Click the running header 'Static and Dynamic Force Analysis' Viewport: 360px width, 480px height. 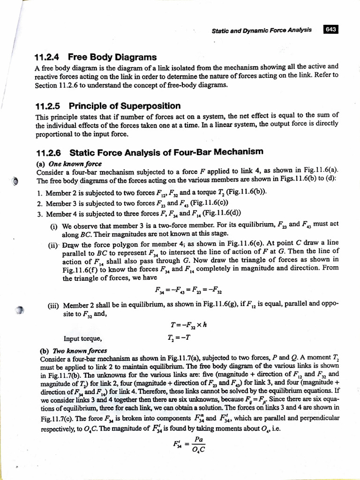[x=262, y=30]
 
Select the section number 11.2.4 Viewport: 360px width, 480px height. [x=49, y=57]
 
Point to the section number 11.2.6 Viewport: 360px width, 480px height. [x=49, y=152]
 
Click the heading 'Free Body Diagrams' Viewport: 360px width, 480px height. [x=112, y=57]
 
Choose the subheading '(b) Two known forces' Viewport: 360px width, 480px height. [x=71, y=350]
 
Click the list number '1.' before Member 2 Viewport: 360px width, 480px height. [x=39, y=192]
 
